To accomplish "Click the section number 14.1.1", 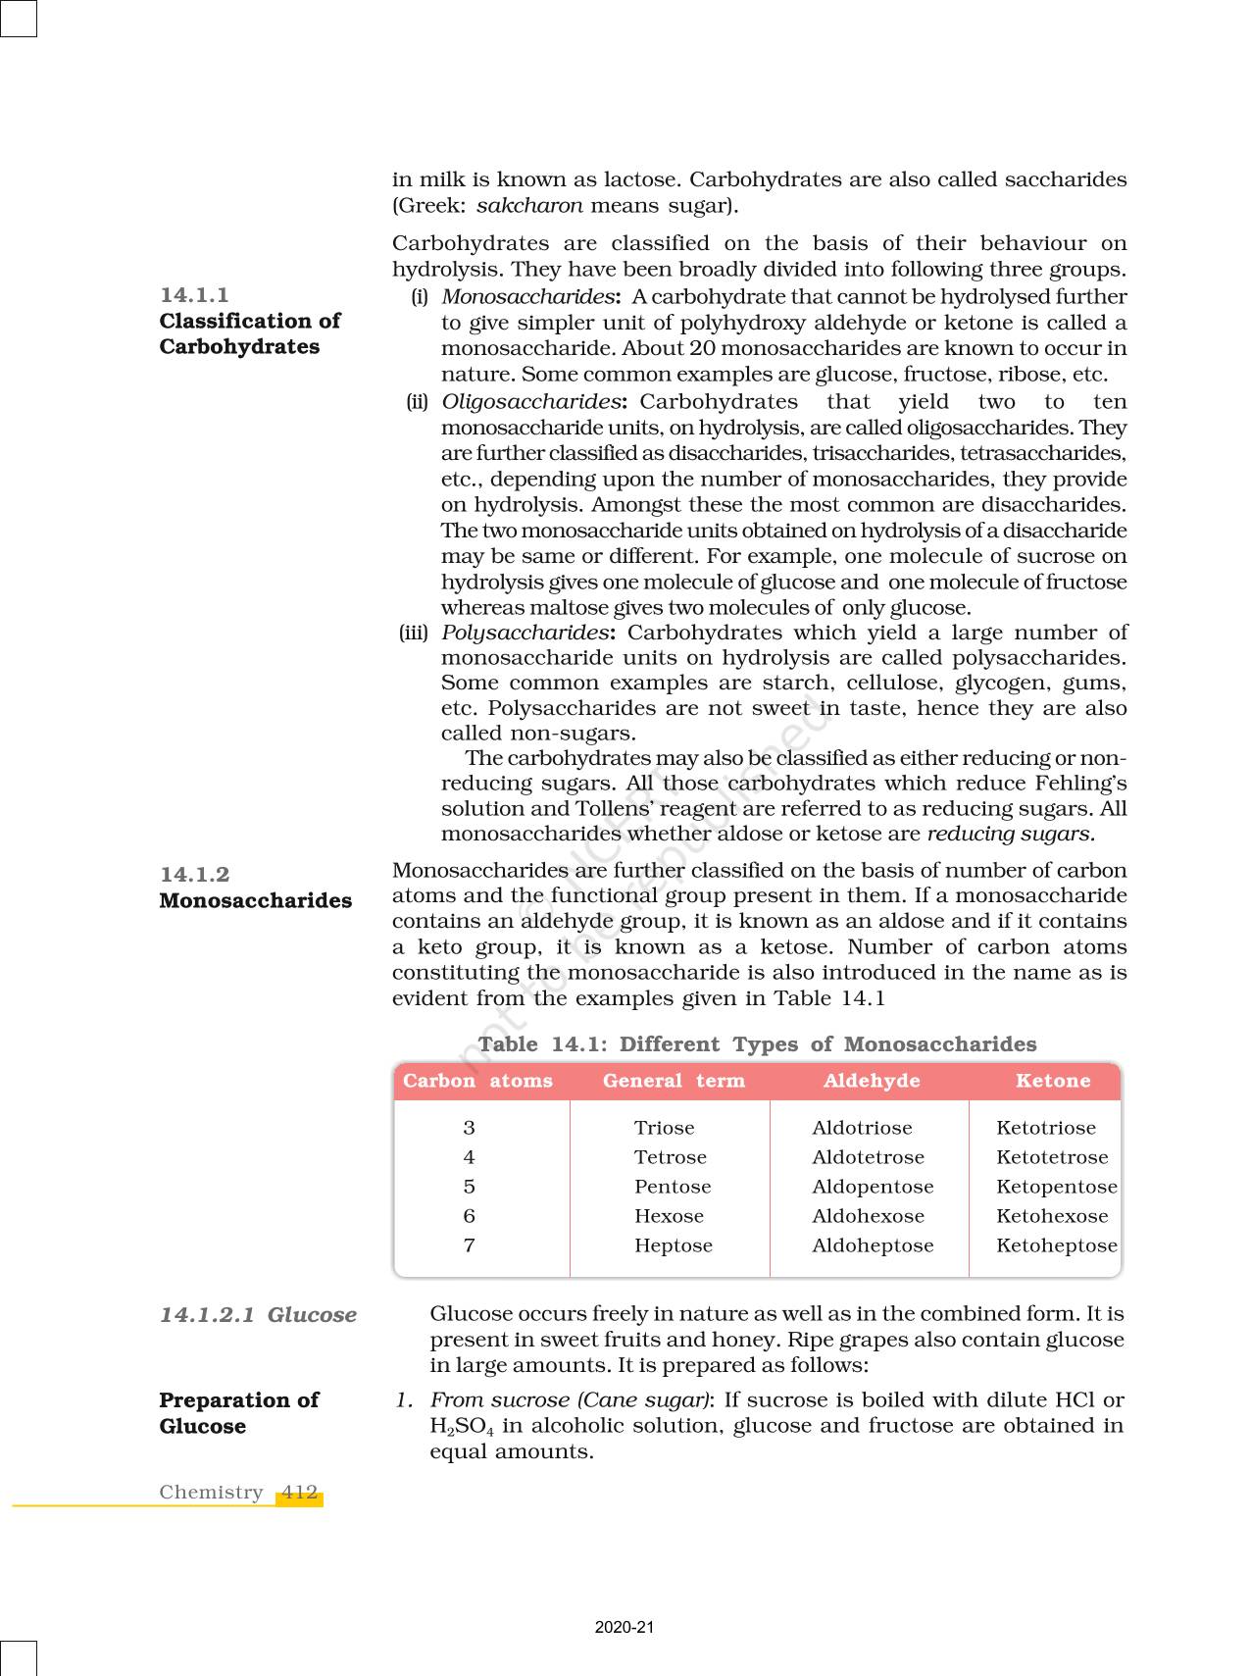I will point(194,295).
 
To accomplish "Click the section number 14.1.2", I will point(194,875).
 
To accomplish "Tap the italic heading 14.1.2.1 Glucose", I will point(258,1315).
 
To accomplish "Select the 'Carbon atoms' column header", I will point(477,1081).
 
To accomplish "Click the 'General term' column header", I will point(674,1081).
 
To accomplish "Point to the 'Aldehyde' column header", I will point(872,1081).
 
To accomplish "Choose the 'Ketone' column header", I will point(1053,1081).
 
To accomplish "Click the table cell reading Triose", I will point(664,1128).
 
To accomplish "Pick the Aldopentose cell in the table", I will point(873,1187).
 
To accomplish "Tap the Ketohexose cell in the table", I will point(1052,1216).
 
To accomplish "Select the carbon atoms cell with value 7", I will point(470,1245).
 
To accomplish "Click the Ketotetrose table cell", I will point(1052,1157).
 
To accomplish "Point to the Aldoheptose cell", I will point(873,1245).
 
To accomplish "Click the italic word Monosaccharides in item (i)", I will point(527,297).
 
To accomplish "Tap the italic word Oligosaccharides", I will point(530,402).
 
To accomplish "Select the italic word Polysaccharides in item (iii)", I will point(525,633).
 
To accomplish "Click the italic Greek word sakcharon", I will point(529,206).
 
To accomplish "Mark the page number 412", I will point(299,1493).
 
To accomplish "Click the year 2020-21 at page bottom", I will point(625,1627).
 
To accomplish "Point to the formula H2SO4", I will point(461,1427).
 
